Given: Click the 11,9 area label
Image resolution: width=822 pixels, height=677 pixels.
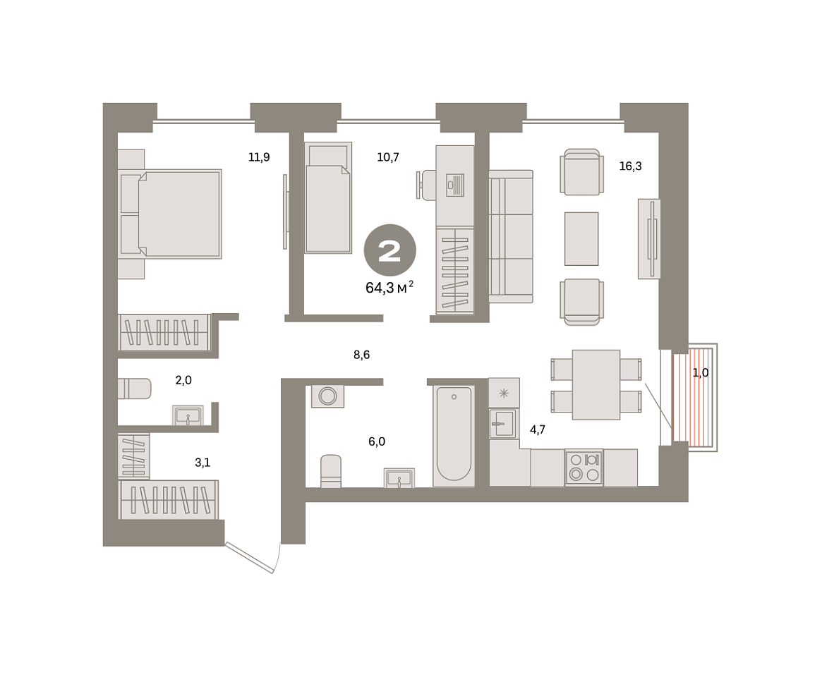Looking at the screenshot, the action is [x=259, y=157].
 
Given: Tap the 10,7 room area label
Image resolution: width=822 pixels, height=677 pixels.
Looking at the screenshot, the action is [x=388, y=157].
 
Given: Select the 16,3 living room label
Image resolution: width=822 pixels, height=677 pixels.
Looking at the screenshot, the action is [x=630, y=166].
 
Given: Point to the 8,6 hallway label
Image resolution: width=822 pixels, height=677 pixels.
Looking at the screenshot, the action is [x=362, y=355].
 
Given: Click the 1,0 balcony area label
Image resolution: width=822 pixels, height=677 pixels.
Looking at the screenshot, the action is [x=701, y=372].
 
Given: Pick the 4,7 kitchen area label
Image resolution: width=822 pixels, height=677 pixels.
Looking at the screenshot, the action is [x=538, y=429].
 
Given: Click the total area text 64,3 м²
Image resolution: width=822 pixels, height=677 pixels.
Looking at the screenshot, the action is [x=389, y=287].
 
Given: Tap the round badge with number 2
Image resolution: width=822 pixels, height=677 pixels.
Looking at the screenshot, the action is [x=390, y=250].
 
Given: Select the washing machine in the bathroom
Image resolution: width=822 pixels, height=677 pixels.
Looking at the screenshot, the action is [x=327, y=396].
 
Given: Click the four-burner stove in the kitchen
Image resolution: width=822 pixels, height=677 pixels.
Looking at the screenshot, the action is [x=584, y=468].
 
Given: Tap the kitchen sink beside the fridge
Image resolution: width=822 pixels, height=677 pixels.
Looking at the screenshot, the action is [x=504, y=423].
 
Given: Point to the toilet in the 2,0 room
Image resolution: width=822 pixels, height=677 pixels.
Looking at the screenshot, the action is [x=134, y=389].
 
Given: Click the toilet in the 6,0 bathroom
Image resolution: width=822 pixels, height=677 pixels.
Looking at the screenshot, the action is [x=331, y=471].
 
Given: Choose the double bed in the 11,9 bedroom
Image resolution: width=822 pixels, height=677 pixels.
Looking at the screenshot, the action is [x=170, y=214].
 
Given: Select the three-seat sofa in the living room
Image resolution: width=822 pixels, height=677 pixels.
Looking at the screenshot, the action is [x=511, y=237].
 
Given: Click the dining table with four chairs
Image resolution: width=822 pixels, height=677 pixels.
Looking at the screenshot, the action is [x=596, y=384].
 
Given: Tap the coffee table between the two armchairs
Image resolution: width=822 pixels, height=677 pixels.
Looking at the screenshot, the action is [x=581, y=239].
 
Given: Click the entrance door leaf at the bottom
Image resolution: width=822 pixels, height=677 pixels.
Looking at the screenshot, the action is [x=250, y=558].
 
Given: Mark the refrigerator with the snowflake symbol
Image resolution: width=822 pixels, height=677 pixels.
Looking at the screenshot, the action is [x=504, y=393].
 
